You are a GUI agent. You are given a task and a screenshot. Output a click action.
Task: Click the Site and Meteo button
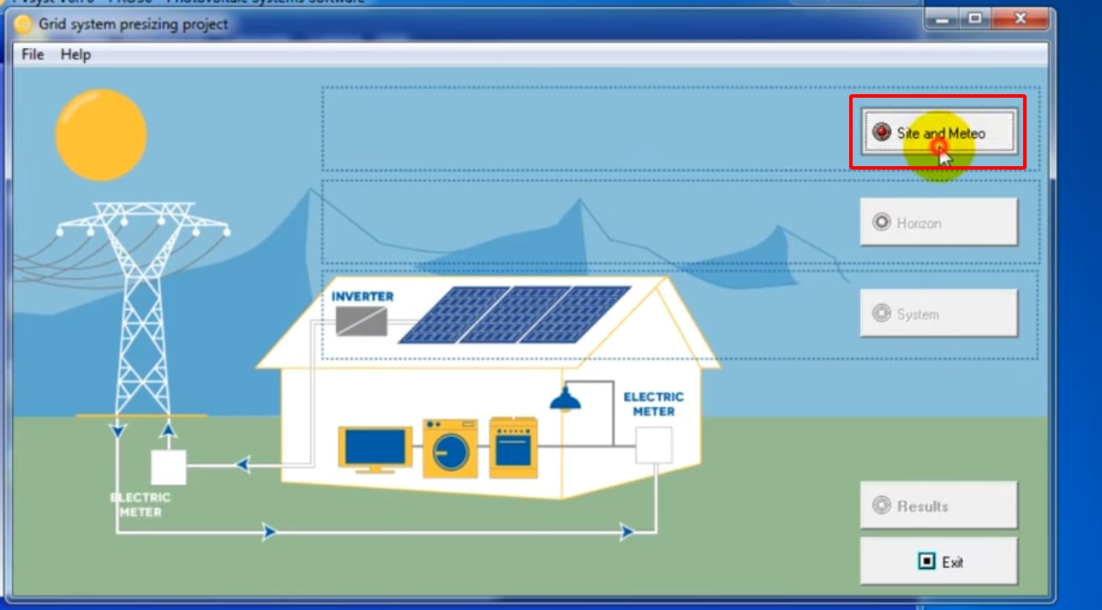point(938,134)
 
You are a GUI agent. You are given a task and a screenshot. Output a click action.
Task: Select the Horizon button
point(938,223)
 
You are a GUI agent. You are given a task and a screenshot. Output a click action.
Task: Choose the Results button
point(938,505)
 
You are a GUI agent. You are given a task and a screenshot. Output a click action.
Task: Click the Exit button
point(938,562)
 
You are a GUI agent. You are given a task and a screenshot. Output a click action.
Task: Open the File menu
point(33,54)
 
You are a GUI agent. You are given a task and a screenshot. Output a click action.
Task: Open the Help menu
point(75,54)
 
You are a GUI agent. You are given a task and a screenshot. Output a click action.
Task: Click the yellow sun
point(101,135)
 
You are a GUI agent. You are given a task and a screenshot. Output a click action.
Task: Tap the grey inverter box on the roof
point(361,321)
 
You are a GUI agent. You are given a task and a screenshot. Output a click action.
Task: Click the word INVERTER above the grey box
point(362,296)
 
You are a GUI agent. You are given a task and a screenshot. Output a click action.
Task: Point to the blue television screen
point(374,446)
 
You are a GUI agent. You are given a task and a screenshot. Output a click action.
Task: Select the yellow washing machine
point(450,448)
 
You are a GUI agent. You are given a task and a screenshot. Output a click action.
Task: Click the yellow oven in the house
point(513,447)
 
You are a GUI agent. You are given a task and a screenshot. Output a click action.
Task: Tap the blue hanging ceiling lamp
point(565,399)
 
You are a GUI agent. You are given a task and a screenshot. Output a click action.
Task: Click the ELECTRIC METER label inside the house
point(653,404)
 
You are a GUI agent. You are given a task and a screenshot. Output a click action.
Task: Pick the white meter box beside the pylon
point(169,467)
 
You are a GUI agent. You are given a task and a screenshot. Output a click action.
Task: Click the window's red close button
point(1019,18)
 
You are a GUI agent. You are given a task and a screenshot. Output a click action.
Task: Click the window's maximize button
point(974,18)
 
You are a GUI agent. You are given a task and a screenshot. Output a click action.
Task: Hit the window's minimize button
point(943,18)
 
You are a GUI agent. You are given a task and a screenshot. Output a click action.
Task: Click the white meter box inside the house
point(653,446)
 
